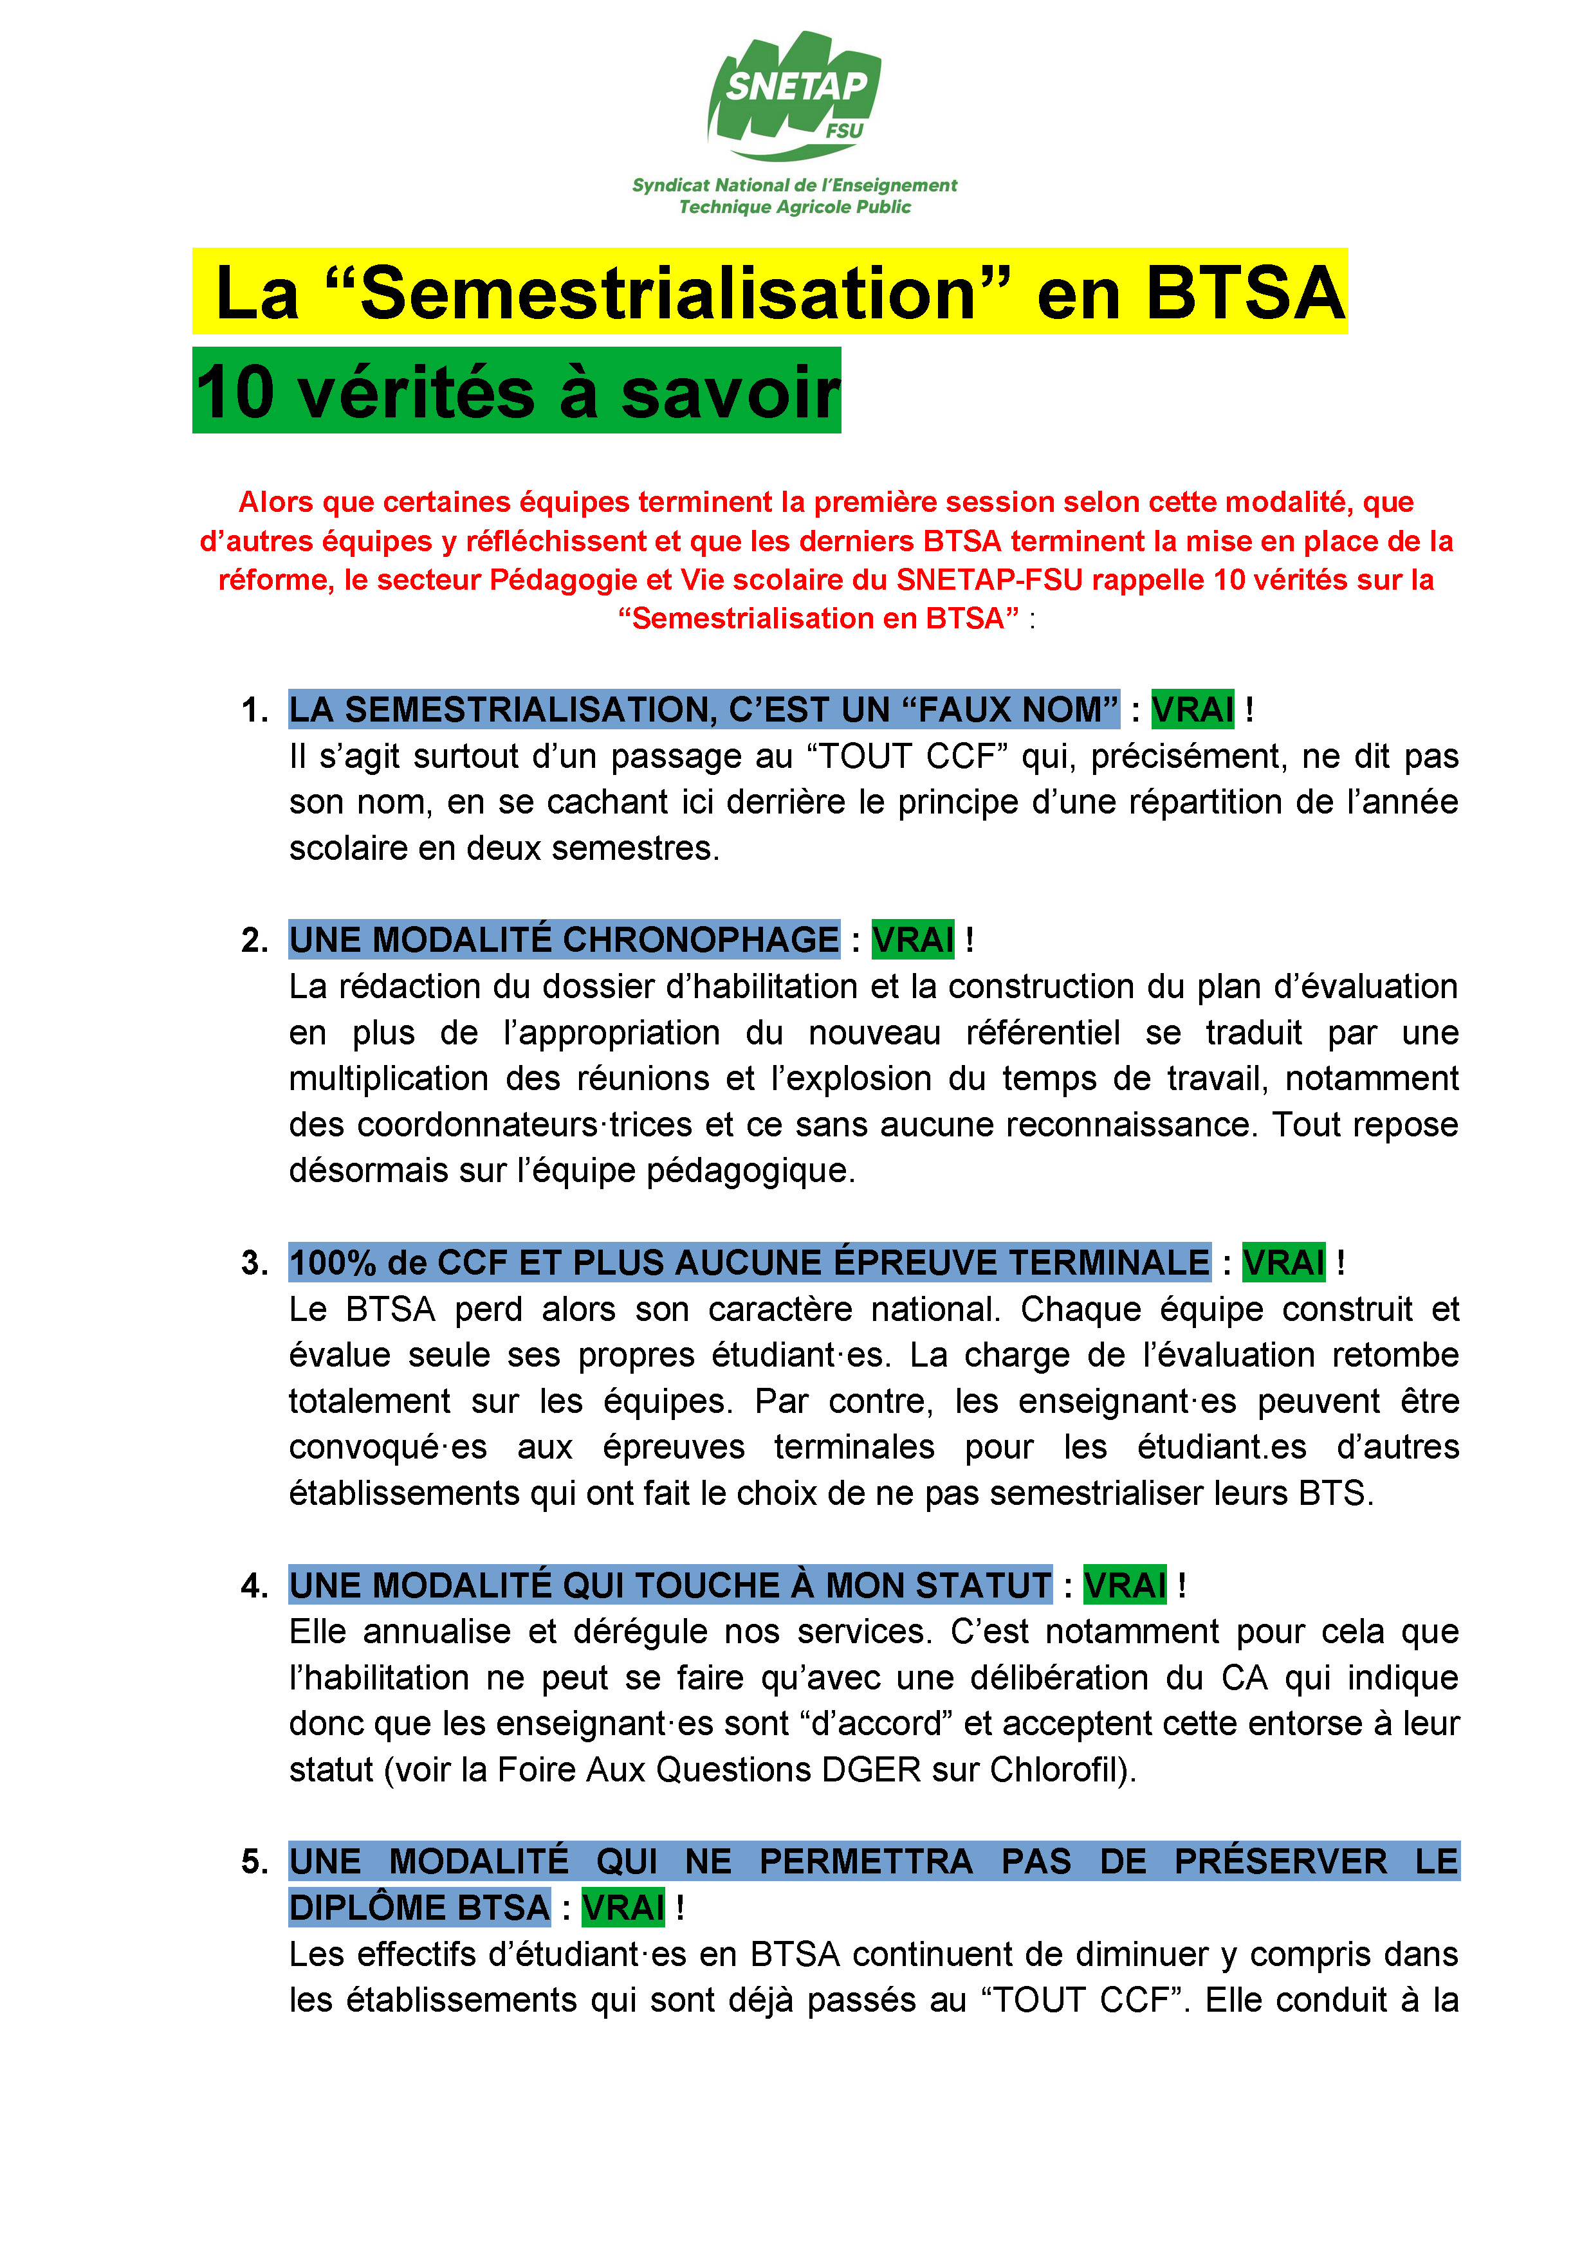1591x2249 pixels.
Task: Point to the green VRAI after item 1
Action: click(x=1192, y=709)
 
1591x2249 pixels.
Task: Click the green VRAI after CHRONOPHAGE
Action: click(x=912, y=940)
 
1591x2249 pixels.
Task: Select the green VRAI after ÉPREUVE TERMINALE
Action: click(x=1283, y=1262)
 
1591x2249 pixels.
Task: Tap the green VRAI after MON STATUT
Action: click(x=1125, y=1584)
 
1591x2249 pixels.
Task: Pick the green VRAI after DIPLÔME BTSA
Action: click(x=623, y=1907)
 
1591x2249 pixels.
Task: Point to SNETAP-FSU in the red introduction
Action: click(x=989, y=580)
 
